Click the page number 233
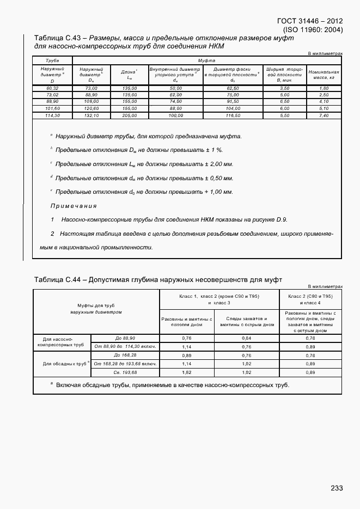(x=336, y=488)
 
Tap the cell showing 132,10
(x=91, y=115)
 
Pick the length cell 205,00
(x=129, y=115)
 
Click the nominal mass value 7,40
(x=324, y=115)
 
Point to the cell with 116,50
(x=233, y=115)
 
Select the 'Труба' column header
(x=52, y=60)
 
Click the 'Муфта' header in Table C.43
(x=207, y=60)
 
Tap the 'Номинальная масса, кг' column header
(x=324, y=75)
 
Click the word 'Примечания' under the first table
(x=74, y=206)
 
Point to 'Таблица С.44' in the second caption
(x=57, y=280)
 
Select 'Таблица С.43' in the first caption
(x=57, y=38)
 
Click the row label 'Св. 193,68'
(x=125, y=372)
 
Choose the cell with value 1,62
(x=186, y=372)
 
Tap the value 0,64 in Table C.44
(x=247, y=338)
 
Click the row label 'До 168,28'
(x=125, y=354)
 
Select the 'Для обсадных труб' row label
(x=62, y=364)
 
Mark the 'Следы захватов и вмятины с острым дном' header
(x=247, y=321)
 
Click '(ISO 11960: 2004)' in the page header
(x=313, y=29)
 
